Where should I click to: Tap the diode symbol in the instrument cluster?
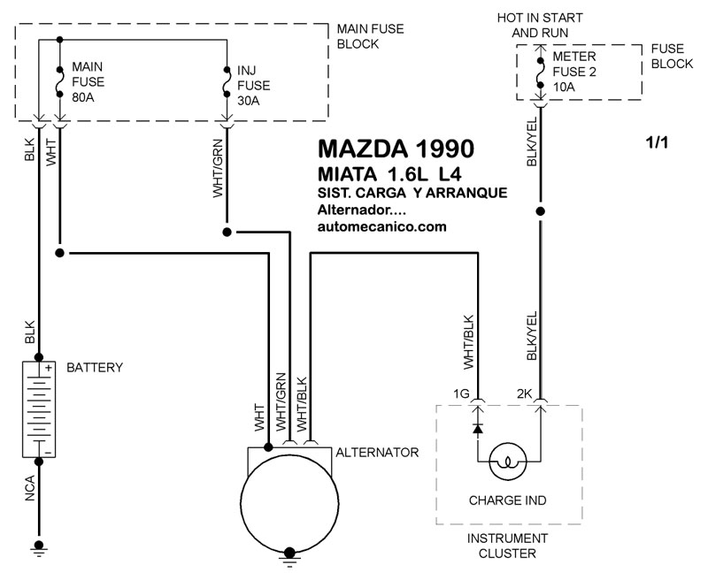tap(478, 428)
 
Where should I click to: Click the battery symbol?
tap(39, 409)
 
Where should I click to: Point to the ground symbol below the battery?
tap(39, 548)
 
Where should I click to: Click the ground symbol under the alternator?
tap(289, 556)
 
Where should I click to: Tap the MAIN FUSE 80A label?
tap(88, 82)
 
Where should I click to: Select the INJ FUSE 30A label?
tap(253, 86)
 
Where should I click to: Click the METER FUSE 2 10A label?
tap(574, 72)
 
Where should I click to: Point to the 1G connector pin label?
tap(461, 394)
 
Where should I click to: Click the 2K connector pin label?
tap(525, 394)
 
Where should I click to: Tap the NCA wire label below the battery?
tap(30, 488)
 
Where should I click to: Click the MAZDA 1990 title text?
tap(396, 149)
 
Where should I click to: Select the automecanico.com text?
tap(382, 226)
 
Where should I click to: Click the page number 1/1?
tap(657, 142)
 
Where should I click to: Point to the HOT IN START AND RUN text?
tap(540, 26)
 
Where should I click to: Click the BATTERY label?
tap(95, 368)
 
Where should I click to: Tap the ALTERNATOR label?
tap(377, 453)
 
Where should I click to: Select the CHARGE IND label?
tap(507, 500)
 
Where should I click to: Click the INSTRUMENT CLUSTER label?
tap(507, 546)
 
